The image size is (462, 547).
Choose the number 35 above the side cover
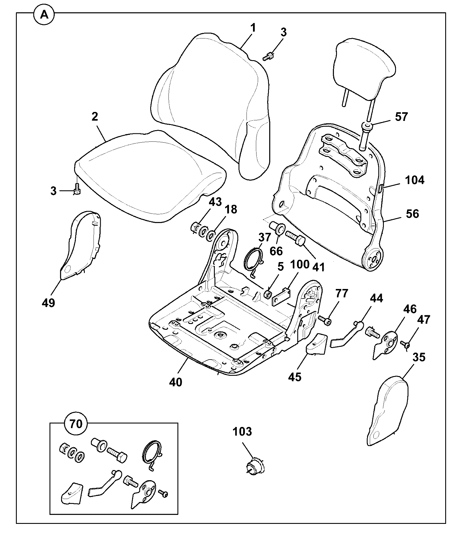(x=419, y=357)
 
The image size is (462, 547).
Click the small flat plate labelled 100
(x=282, y=297)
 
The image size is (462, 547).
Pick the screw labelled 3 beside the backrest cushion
(x=268, y=56)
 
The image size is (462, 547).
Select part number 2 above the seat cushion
(x=95, y=117)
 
